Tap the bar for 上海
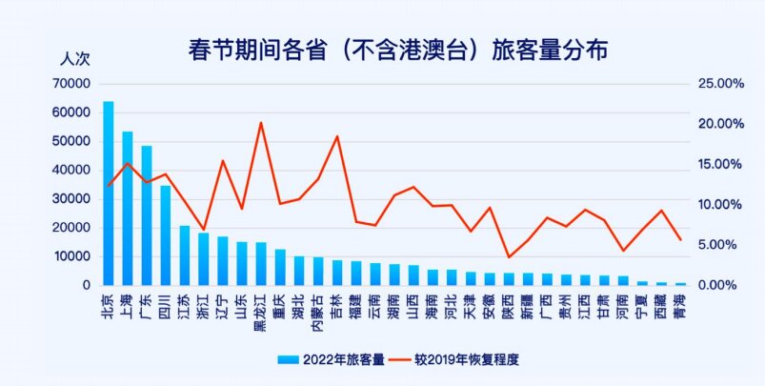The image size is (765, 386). click(x=128, y=208)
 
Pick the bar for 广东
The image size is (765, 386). click(x=147, y=215)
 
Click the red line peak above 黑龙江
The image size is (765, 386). click(x=261, y=122)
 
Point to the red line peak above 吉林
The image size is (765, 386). click(x=337, y=136)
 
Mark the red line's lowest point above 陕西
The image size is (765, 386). click(x=509, y=257)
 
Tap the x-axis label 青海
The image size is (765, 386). click(x=680, y=306)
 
